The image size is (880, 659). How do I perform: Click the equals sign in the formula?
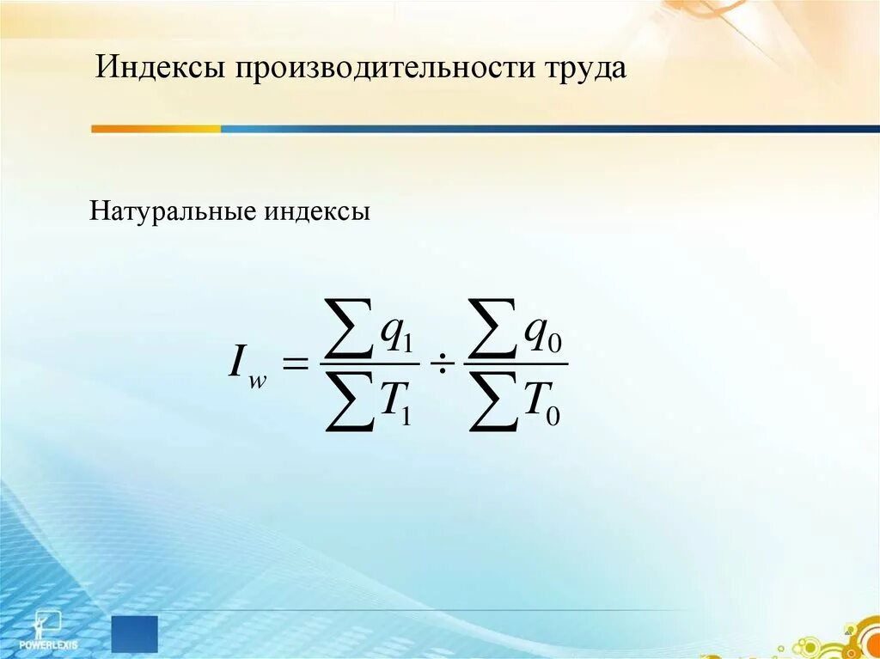[x=295, y=364]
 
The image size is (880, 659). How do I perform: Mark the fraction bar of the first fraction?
[x=369, y=364]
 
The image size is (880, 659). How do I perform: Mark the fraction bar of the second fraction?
[x=516, y=364]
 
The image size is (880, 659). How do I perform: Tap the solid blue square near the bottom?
[x=135, y=633]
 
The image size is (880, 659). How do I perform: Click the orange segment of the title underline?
[x=156, y=129]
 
